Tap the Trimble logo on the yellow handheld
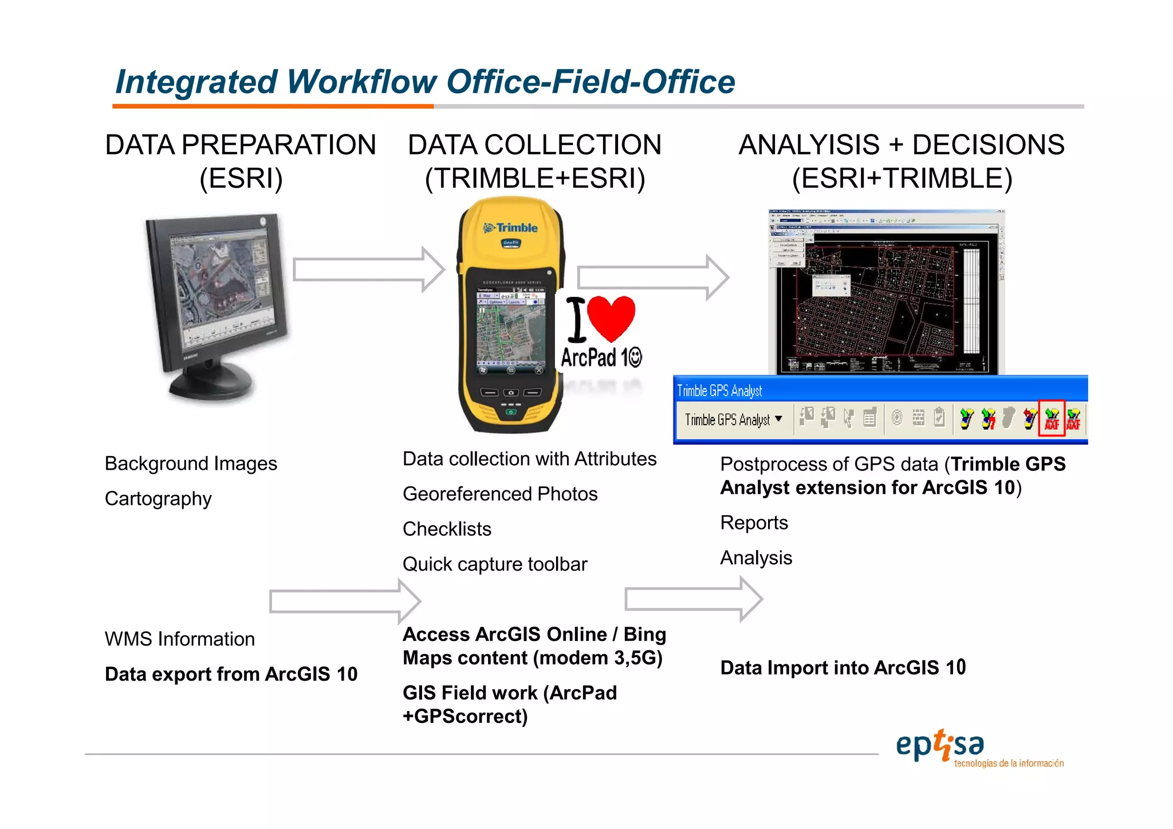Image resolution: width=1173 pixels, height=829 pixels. [x=511, y=228]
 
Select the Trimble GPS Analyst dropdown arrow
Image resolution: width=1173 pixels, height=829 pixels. [x=778, y=419]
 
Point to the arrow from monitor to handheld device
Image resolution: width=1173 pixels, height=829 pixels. [x=368, y=269]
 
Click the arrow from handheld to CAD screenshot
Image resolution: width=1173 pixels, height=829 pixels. [x=652, y=277]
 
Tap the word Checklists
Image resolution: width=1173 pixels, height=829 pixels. [x=447, y=529]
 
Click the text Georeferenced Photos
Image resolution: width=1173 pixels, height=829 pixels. [x=500, y=494]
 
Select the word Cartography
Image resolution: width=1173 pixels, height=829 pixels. [x=158, y=498]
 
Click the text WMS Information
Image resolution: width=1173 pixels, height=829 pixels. [x=180, y=639]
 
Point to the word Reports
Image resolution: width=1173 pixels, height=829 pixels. [x=754, y=522]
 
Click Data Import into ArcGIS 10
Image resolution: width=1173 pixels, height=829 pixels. [x=843, y=667]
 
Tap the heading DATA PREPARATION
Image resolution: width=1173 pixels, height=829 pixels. [x=241, y=145]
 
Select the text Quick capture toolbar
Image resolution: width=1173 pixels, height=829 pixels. [x=495, y=564]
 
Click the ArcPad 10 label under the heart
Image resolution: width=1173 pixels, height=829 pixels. [x=601, y=358]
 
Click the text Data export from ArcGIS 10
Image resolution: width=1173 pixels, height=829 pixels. [x=231, y=674]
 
